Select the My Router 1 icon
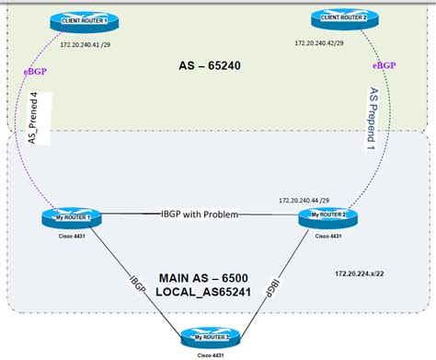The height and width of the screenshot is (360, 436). click(x=69, y=217)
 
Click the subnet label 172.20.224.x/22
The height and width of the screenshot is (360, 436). click(x=362, y=273)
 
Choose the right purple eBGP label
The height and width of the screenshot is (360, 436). click(x=384, y=66)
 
